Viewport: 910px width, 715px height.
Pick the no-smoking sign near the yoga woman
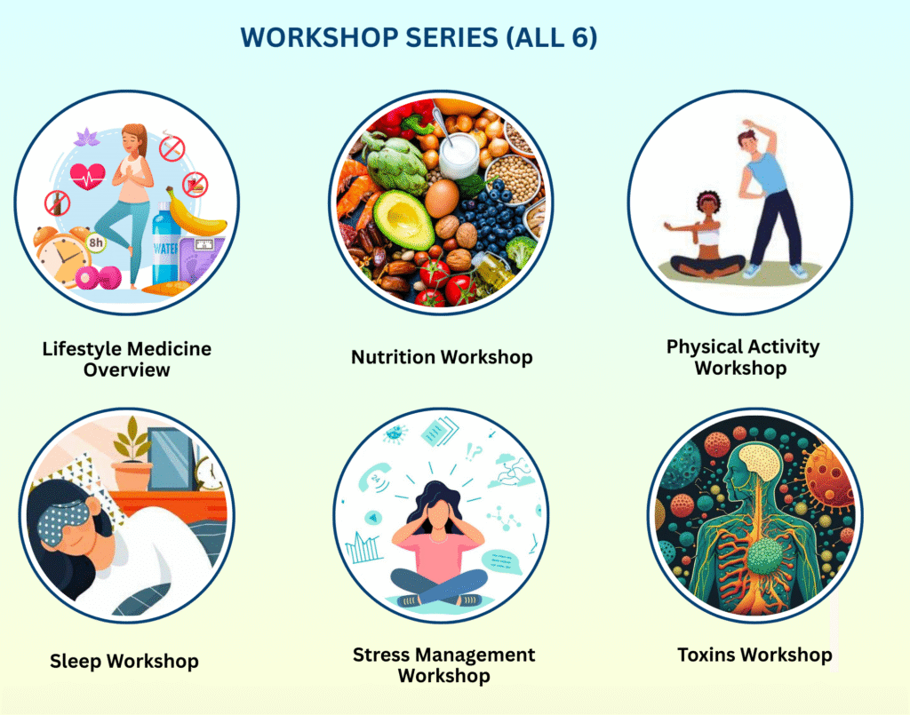pyautogui.click(x=172, y=148)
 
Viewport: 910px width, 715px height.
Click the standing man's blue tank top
pyautogui.click(x=765, y=171)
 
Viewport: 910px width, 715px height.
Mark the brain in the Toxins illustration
pyautogui.click(x=759, y=462)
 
